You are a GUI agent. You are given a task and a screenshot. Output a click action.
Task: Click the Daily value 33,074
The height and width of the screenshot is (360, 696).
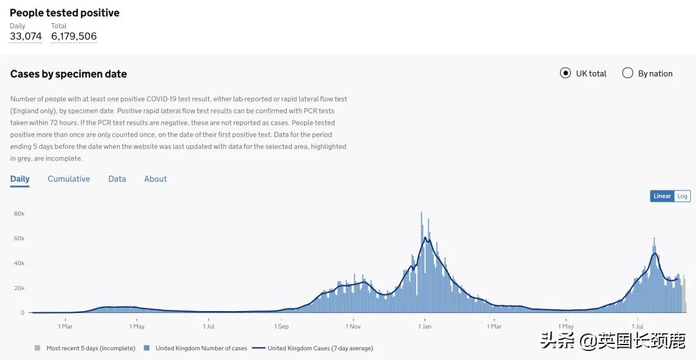tap(26, 37)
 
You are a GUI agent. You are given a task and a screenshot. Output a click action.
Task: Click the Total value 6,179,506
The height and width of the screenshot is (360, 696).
tap(74, 37)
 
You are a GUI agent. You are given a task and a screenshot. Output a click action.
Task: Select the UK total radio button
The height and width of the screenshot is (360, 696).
tap(565, 73)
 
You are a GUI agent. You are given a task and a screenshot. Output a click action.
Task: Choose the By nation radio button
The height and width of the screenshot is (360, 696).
tap(628, 73)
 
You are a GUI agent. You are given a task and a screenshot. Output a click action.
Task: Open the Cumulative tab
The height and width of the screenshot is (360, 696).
tap(69, 179)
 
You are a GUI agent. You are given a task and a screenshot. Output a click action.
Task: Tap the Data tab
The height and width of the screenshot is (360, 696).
tap(117, 179)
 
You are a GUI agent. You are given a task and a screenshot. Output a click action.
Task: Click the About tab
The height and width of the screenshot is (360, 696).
tap(155, 179)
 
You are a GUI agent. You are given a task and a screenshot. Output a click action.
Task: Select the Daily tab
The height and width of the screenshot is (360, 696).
tap(20, 179)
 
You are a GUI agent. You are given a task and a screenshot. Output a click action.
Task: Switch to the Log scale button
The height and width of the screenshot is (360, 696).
tap(682, 196)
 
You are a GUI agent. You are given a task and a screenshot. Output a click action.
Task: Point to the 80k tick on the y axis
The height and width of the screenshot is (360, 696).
tap(19, 214)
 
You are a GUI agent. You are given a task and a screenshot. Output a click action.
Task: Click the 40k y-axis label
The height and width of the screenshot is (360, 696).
tap(19, 263)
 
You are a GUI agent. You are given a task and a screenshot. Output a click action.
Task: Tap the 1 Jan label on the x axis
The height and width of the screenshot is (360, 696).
tap(425, 327)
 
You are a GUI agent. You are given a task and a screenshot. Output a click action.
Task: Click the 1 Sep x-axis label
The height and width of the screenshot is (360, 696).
tap(282, 327)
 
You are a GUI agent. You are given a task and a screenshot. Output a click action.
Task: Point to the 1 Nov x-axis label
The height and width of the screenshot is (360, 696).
tap(353, 327)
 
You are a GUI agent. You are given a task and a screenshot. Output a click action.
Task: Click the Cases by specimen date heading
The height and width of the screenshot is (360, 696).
tap(68, 74)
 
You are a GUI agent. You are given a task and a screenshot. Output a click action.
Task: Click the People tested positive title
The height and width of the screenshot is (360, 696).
tap(64, 13)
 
